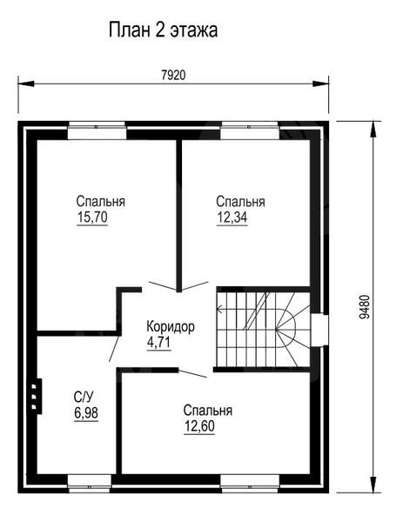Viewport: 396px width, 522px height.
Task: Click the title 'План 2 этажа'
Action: (x=164, y=30)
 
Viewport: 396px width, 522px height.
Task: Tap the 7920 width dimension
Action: (x=173, y=76)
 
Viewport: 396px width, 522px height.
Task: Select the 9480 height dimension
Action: (x=365, y=306)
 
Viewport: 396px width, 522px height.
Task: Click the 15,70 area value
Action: (x=92, y=217)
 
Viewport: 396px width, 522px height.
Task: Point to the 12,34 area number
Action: (x=232, y=217)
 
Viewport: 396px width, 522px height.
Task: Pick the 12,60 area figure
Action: (x=199, y=426)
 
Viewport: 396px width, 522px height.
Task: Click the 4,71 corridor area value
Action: (x=159, y=342)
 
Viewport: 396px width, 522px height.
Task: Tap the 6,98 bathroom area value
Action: (x=86, y=413)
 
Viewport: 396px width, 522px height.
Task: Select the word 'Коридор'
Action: (x=171, y=327)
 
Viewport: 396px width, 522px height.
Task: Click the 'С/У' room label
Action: (x=84, y=398)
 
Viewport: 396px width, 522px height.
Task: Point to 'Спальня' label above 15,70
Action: (x=101, y=202)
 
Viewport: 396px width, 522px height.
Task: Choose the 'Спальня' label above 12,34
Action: (x=240, y=202)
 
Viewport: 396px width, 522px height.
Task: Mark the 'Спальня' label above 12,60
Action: (x=207, y=411)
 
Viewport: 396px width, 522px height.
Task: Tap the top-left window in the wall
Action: (x=97, y=130)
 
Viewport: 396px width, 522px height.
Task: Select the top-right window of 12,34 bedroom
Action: (x=250, y=130)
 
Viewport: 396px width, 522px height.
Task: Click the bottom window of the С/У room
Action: (x=90, y=484)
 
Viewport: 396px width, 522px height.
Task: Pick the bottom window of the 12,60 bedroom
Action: (x=250, y=484)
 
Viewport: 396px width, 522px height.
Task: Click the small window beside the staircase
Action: (x=319, y=331)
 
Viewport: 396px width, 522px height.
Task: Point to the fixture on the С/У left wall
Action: (x=35, y=396)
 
